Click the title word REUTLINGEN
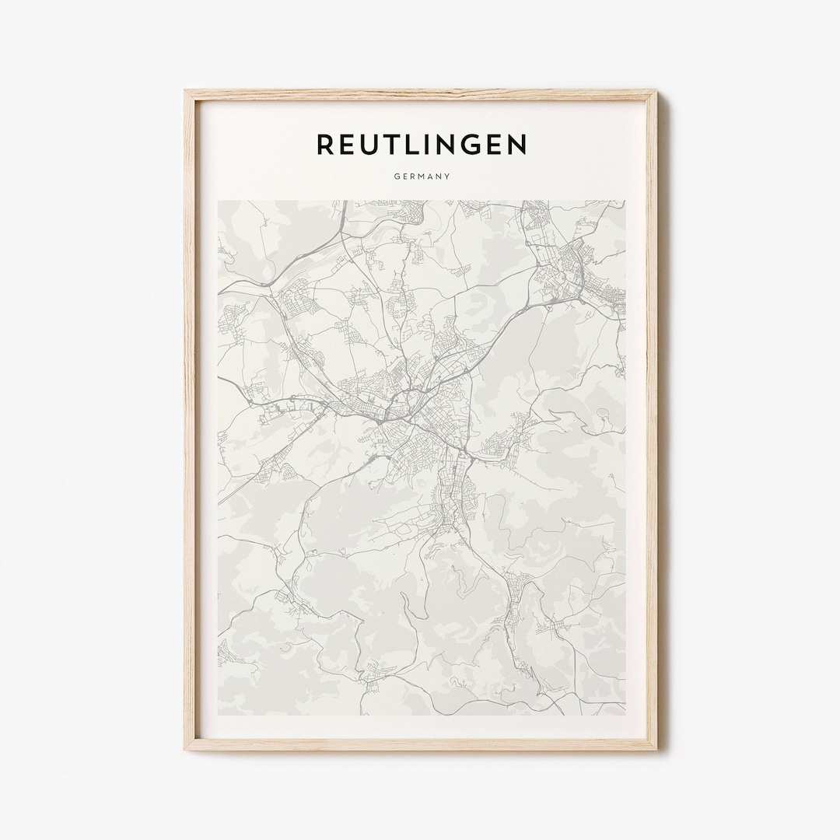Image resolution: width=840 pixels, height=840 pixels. [422, 145]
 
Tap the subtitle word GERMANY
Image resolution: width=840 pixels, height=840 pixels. [422, 177]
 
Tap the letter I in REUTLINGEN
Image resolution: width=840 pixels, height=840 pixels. [435, 145]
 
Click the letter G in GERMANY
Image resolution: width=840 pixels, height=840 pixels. [396, 177]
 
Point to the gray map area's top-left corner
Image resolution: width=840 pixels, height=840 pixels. [219, 201]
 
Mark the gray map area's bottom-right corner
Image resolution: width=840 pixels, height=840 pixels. [625, 714]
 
